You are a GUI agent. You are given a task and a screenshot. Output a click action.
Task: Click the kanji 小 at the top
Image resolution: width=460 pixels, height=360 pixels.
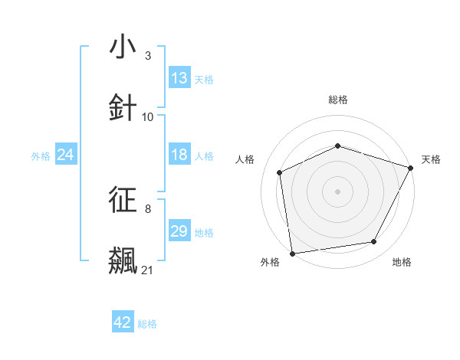123,47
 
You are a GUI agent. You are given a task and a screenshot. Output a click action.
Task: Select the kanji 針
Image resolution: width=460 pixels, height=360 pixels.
123,106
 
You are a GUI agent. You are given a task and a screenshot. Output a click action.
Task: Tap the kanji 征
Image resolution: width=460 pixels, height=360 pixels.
123,201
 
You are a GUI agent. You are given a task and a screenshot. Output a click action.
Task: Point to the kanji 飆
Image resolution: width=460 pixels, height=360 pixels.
123,260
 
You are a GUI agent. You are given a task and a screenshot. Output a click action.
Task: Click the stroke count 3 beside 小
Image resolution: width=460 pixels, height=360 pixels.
148,56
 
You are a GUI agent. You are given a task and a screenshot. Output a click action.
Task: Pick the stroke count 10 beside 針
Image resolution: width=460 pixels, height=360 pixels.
148,116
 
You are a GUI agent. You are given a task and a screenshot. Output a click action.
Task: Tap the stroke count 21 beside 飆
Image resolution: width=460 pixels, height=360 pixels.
148,270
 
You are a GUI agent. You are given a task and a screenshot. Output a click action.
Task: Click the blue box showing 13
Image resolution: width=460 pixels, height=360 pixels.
179,78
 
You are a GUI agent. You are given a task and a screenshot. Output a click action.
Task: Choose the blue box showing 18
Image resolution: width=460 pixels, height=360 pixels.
179,155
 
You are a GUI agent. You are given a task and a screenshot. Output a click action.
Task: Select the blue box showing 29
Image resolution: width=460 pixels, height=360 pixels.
179,231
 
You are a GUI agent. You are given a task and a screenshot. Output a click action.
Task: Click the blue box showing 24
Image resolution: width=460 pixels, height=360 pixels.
66,155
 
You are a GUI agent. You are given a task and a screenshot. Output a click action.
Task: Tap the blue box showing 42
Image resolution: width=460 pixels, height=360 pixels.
123,322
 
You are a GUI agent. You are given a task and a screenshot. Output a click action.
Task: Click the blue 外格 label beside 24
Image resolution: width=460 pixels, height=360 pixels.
41,155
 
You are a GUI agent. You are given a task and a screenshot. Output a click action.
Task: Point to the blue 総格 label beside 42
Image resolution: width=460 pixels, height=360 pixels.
147,324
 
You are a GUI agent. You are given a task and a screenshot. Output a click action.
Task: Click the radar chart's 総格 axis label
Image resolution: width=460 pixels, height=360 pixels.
338,100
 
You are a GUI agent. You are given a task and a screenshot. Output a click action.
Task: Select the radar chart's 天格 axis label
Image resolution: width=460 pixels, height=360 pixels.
431,159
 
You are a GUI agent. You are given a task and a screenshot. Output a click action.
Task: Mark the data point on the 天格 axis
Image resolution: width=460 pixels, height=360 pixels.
411,168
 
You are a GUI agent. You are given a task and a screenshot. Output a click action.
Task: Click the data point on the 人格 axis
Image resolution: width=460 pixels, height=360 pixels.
280,172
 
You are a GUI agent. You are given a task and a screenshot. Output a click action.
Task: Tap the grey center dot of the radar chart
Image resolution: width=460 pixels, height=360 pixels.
338,191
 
